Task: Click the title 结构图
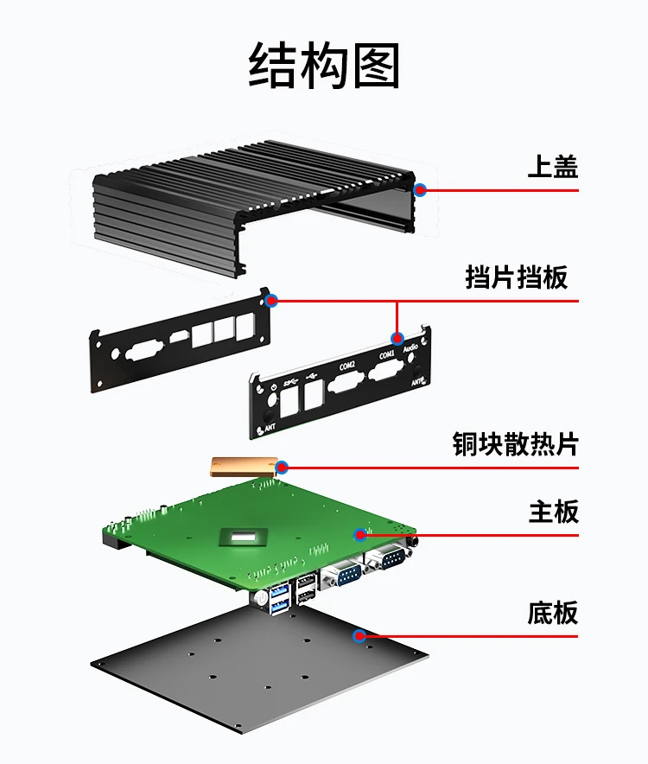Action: point(324,67)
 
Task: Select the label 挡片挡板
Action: point(516,277)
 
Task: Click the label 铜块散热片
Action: point(515,443)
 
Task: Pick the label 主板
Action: point(553,511)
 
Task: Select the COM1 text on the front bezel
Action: point(386,355)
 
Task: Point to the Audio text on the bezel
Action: point(411,347)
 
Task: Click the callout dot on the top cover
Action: point(420,189)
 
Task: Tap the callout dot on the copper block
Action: point(282,468)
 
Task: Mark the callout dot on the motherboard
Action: point(359,535)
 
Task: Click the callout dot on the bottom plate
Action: point(359,636)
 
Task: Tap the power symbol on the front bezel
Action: point(274,388)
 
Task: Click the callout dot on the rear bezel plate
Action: point(271,301)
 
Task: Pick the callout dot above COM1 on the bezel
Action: point(397,338)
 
